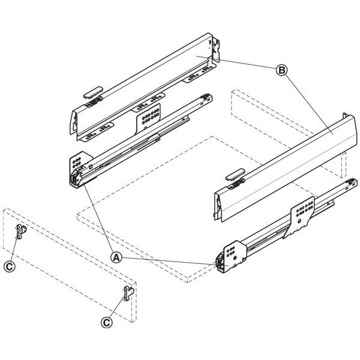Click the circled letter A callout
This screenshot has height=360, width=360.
click(x=116, y=257)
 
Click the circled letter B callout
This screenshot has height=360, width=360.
click(x=281, y=70)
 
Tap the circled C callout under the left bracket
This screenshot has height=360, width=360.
click(x=10, y=267)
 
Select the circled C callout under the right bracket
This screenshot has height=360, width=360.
click(x=107, y=323)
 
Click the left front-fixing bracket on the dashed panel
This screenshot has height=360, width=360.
click(x=20, y=232)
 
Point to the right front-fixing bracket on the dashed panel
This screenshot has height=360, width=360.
click(x=128, y=293)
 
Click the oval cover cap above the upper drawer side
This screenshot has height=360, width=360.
click(x=93, y=92)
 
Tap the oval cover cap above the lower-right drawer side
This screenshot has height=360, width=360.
click(x=235, y=174)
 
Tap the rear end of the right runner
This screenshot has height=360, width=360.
click(x=351, y=183)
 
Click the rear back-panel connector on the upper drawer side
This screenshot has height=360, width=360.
click(x=215, y=49)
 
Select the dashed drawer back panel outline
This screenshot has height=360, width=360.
click(x=289, y=134)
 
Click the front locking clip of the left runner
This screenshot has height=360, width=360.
click(x=76, y=178)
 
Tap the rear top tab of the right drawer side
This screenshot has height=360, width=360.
click(x=346, y=115)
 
